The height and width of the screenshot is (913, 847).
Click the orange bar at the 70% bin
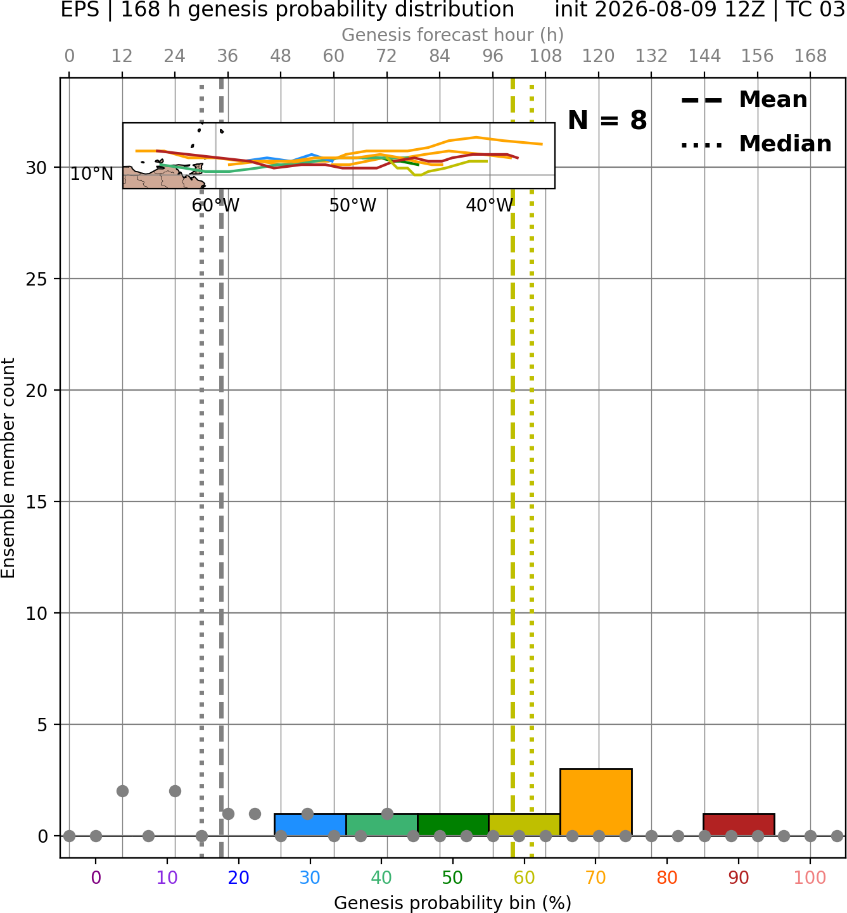pos(595,802)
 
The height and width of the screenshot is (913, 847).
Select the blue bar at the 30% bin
pos(310,825)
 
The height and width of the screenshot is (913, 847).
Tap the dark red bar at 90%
pos(739,825)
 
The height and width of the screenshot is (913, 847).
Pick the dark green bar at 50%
pos(453,825)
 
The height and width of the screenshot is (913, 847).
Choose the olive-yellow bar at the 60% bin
pos(525,825)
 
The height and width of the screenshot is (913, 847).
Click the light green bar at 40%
pos(382,825)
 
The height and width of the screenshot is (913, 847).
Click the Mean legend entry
pos(744,100)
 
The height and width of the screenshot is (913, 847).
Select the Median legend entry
pos(756,144)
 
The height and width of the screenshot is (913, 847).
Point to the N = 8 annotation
pos(608,120)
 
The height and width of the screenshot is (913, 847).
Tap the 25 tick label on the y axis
pos(36,279)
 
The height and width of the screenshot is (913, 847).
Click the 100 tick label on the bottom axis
pos(810,878)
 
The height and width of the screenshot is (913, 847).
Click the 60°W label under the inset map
pos(215,205)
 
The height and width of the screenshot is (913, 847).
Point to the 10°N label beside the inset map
pos(92,173)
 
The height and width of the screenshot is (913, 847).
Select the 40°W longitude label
pos(490,205)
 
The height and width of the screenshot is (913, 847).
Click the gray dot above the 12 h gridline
pos(122,791)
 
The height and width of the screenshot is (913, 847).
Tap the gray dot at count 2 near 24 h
pos(175,791)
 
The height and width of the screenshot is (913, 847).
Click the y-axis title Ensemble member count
pos(8,468)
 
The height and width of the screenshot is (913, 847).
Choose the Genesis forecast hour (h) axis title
pos(453,35)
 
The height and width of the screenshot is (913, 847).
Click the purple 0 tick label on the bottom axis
pos(96,878)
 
